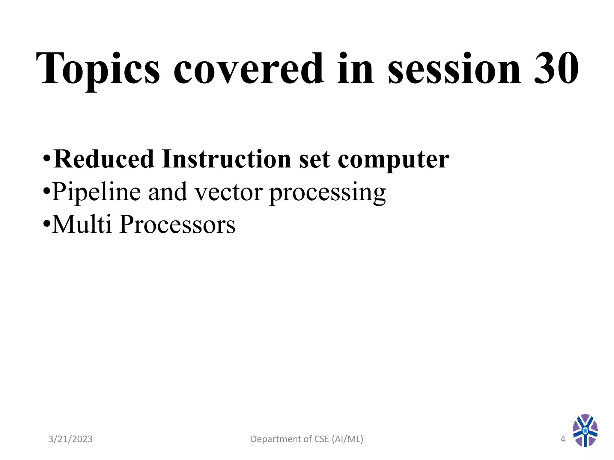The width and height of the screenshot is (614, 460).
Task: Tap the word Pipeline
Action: pyautogui.click(x=96, y=192)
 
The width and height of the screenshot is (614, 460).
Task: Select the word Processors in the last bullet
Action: pyautogui.click(x=177, y=225)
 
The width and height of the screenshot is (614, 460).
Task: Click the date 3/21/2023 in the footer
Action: pyautogui.click(x=70, y=439)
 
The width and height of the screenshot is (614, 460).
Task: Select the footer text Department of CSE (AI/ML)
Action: pyautogui.click(x=307, y=439)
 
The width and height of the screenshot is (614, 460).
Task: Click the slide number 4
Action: pyautogui.click(x=563, y=439)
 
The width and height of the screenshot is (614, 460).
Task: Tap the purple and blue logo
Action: pyautogui.click(x=585, y=430)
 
